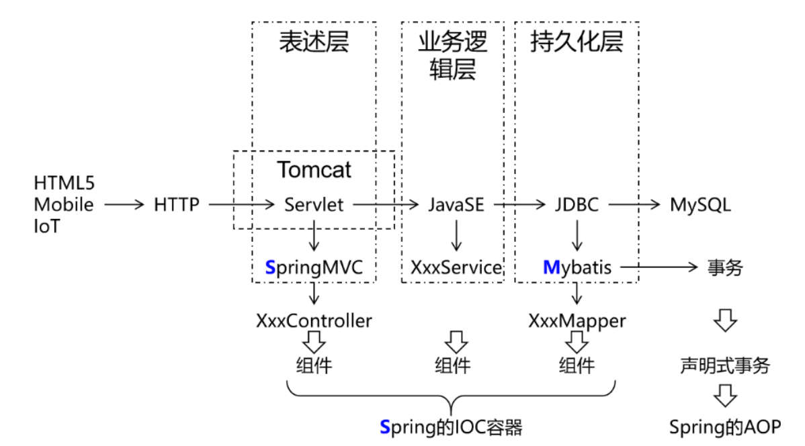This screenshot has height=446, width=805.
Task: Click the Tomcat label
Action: pyautogui.click(x=314, y=170)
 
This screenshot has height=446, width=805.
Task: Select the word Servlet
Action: pyautogui.click(x=314, y=204)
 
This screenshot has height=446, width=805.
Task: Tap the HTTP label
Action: pyautogui.click(x=177, y=204)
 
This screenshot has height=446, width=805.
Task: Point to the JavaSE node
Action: pyautogui.click(x=456, y=204)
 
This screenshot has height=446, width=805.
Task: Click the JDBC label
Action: pyautogui.click(x=576, y=204)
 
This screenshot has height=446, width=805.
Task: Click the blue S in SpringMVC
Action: pyautogui.click(x=270, y=267)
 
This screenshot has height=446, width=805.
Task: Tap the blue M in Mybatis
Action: pyautogui.click(x=551, y=267)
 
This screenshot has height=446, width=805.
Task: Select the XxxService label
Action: pyautogui.click(x=456, y=267)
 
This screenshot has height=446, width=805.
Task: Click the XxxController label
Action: pyautogui.click(x=314, y=320)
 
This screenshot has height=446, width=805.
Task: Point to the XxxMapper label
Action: pyautogui.click(x=576, y=320)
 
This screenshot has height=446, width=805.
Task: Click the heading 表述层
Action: pyautogui.click(x=314, y=42)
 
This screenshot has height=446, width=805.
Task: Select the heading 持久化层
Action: pyautogui.click(x=577, y=42)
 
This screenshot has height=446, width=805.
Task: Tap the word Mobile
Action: pyautogui.click(x=64, y=204)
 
